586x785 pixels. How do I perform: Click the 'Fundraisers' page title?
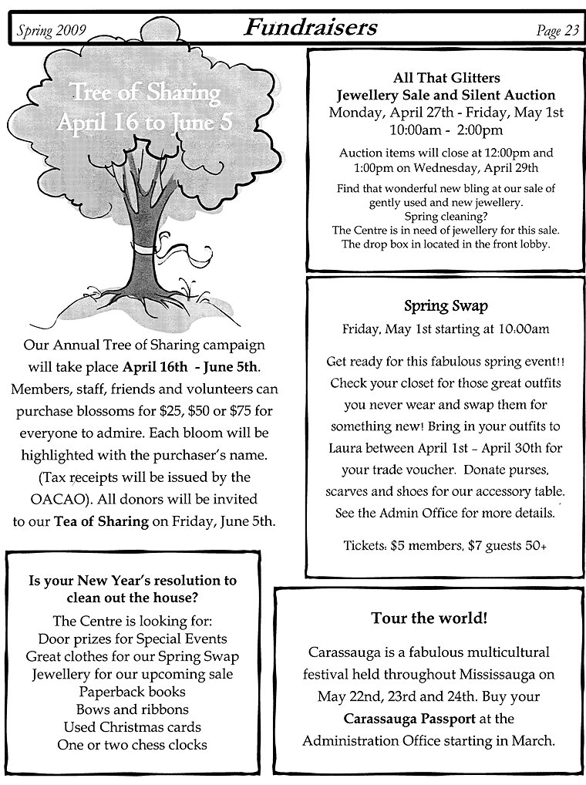coord(311,29)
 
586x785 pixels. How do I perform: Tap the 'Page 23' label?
coord(557,31)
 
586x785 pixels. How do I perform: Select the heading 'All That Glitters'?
coord(446,78)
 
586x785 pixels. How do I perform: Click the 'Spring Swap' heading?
coord(446,306)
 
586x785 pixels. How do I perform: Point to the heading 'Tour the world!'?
coord(429,618)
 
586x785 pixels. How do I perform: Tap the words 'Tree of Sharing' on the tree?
coord(146,95)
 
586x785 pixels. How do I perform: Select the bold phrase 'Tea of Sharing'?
coord(101,521)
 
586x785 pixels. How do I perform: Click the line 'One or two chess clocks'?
coord(132,744)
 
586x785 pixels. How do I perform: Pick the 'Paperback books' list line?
coord(132,691)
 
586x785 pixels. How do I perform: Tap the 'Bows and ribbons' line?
coord(132,709)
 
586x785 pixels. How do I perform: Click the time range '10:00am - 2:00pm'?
coord(446,129)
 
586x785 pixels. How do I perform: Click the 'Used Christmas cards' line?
coord(132,726)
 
